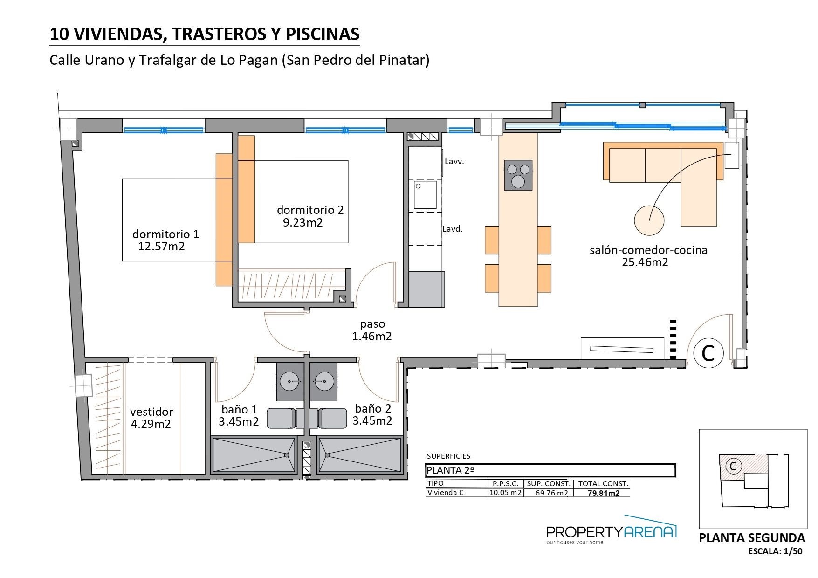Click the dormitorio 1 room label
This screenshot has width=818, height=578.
(x=165, y=234)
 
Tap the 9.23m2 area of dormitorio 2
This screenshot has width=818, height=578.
(x=302, y=222)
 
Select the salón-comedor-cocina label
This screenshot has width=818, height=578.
(x=648, y=250)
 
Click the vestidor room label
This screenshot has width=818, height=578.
(x=151, y=412)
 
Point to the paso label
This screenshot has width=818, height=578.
(x=372, y=324)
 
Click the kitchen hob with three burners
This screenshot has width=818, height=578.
(x=518, y=175)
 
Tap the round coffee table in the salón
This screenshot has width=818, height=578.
(x=649, y=220)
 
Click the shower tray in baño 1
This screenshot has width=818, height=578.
(x=254, y=455)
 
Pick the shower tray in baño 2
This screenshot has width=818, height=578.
(x=360, y=455)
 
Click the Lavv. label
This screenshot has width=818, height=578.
(x=454, y=162)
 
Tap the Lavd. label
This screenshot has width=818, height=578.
(x=453, y=229)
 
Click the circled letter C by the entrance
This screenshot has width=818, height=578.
(x=708, y=353)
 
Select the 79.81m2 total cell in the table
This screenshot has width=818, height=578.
(x=603, y=493)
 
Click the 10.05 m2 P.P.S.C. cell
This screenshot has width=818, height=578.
(x=505, y=493)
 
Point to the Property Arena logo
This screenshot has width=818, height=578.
(x=611, y=530)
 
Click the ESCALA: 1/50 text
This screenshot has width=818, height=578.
(x=775, y=551)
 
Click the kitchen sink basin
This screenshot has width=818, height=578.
(x=426, y=195)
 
